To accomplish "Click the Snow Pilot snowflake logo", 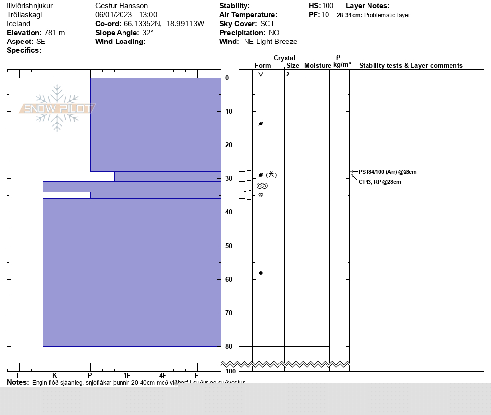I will pyautogui.click(x=57, y=108).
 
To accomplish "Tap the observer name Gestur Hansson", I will pyautogui.click(x=122, y=6).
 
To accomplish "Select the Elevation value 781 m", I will pyautogui.click(x=54, y=33).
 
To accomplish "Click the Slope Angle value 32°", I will pyautogui.click(x=148, y=33).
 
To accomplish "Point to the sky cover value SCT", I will pyautogui.click(x=267, y=24).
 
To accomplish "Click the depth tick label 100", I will pyautogui.click(x=230, y=371).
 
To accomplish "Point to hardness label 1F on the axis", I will pyautogui.click(x=127, y=376).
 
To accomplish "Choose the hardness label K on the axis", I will pyautogui.click(x=55, y=376).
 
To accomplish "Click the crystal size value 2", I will pyautogui.click(x=287, y=74).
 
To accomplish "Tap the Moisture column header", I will pyautogui.click(x=318, y=65).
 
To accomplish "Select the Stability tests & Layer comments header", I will pyautogui.click(x=410, y=65).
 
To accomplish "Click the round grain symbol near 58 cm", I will pyautogui.click(x=261, y=273).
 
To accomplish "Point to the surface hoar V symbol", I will pyautogui.click(x=261, y=74).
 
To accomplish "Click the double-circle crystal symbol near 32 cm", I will pyautogui.click(x=262, y=186).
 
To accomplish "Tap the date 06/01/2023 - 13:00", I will pyautogui.click(x=126, y=15).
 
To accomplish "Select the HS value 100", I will pyautogui.click(x=328, y=6).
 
